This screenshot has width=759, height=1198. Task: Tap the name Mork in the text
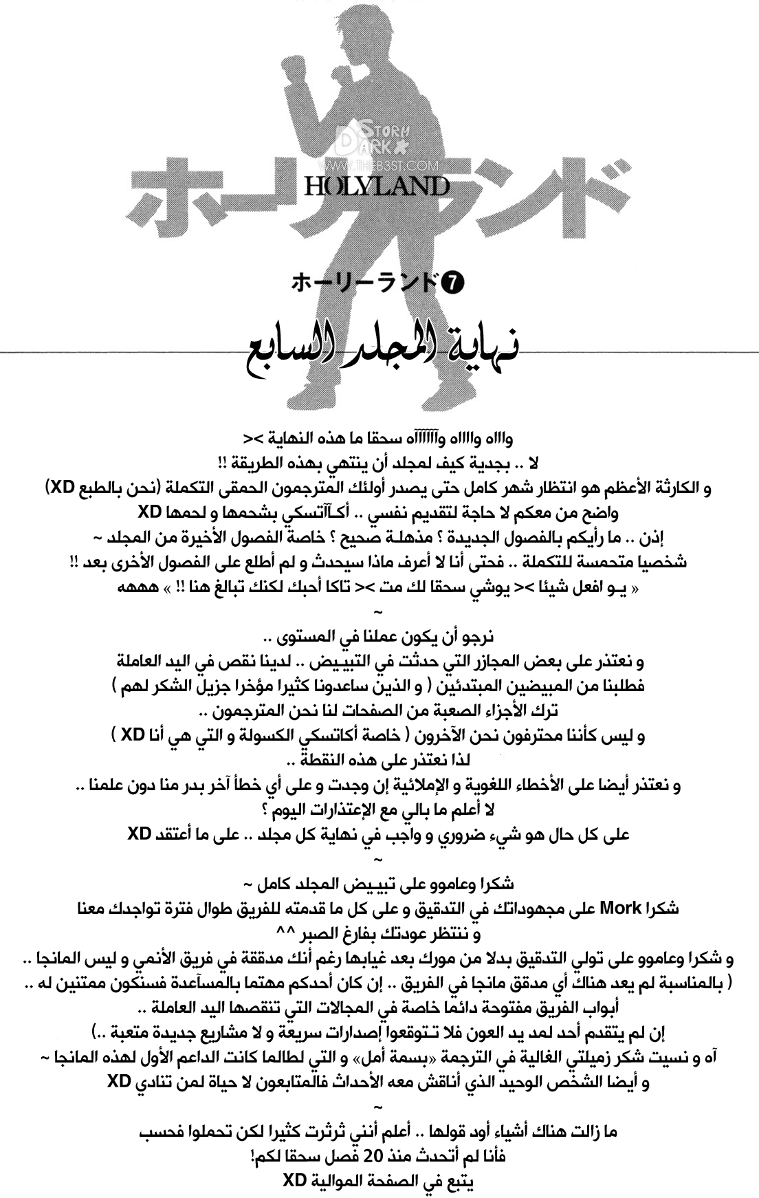coord(621,908)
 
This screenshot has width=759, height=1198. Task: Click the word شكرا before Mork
coord(661,908)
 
